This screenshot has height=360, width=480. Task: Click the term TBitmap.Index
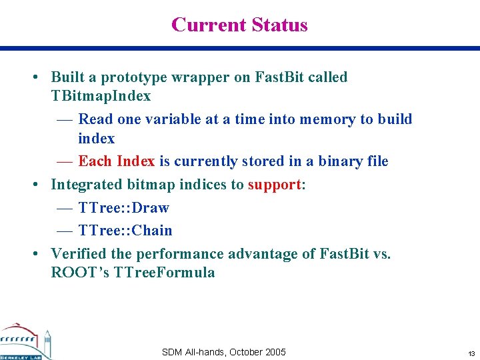tap(101, 96)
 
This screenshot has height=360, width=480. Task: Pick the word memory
tap(329, 119)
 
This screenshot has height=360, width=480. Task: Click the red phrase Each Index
tap(116, 161)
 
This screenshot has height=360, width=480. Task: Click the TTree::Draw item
tap(123, 208)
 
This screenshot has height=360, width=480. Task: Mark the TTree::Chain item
tap(125, 231)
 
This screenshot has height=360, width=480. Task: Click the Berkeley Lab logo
tap(25, 341)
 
